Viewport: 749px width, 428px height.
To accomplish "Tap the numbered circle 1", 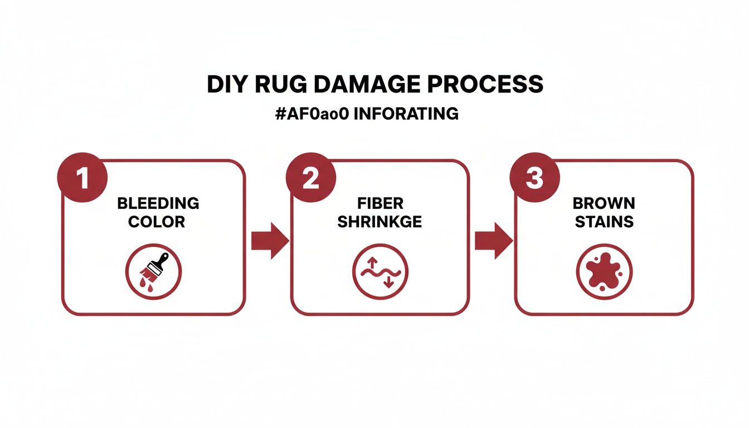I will point(82,178).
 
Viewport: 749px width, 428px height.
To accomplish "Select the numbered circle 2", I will point(310,178).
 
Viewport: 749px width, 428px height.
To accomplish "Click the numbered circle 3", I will point(534,178).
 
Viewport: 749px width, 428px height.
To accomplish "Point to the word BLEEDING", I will point(158,203).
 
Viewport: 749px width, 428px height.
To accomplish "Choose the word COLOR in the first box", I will point(157,222).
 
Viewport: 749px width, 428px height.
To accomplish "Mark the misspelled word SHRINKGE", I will point(380,222).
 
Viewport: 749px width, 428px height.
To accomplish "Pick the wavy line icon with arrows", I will point(380,271).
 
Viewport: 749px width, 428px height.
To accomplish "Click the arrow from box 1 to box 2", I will point(270,241).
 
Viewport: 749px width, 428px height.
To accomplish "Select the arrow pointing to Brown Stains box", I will point(493,241).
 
